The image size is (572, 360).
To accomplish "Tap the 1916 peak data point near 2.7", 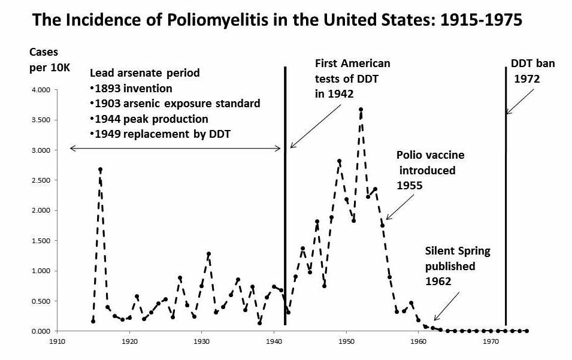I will pyautogui.click(x=101, y=170).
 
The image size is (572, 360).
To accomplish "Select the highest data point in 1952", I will pyautogui.click(x=361, y=110).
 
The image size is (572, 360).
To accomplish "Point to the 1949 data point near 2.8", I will pyautogui.click(x=339, y=161).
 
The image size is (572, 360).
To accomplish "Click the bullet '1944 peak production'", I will pyautogui.click(x=149, y=119).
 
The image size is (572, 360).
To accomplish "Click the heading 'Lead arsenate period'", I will pyautogui.click(x=144, y=73).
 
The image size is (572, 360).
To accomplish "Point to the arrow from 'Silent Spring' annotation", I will pyautogui.click(x=447, y=306).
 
